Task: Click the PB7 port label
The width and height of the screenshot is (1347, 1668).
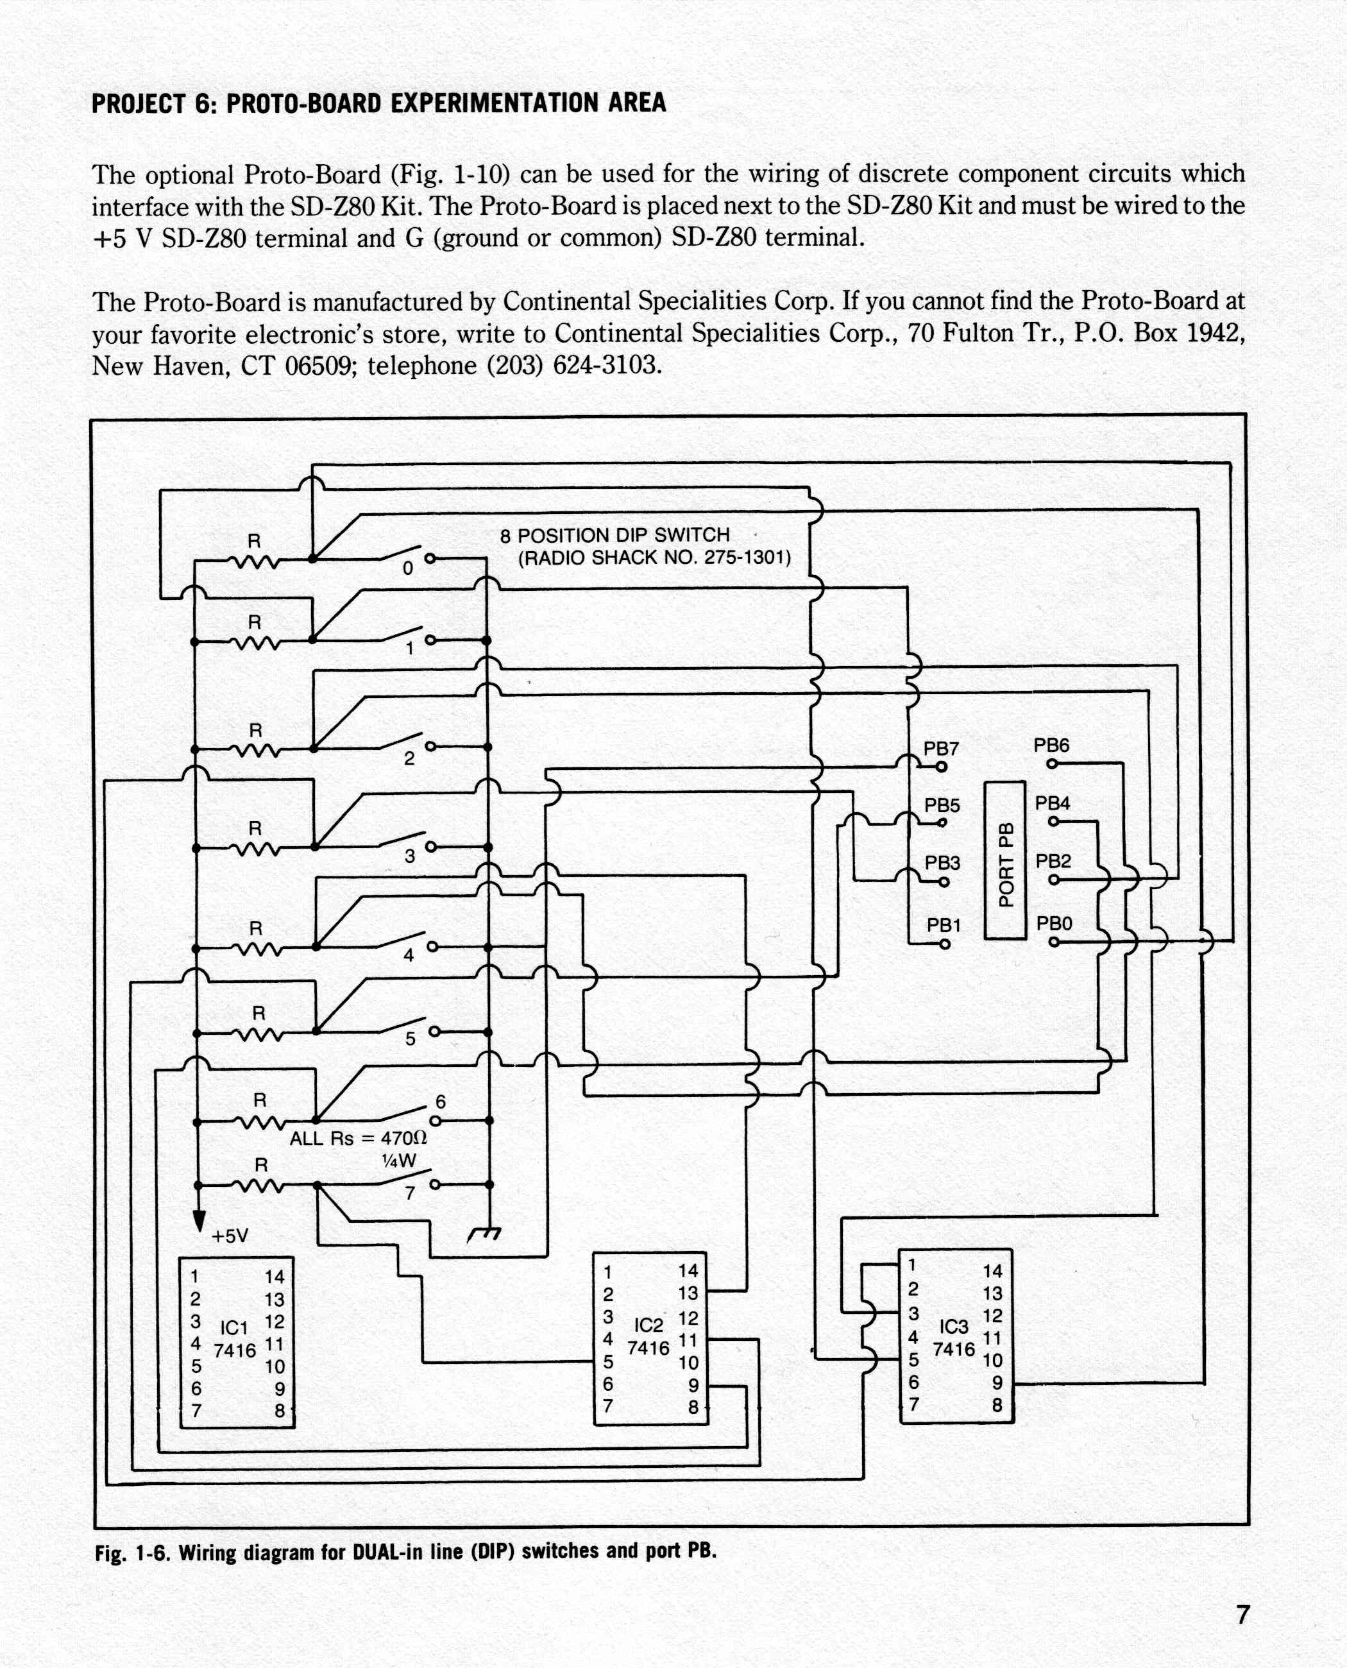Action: pyautogui.click(x=940, y=749)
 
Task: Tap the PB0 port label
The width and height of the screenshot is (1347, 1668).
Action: pyautogui.click(x=1055, y=924)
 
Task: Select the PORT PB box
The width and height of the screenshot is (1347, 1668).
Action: pyautogui.click(x=1005, y=861)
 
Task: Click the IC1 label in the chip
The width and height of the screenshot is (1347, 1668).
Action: pyautogui.click(x=233, y=1328)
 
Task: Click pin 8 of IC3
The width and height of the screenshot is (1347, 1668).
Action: pyautogui.click(x=997, y=1405)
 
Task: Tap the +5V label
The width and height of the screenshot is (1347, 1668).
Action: pyautogui.click(x=230, y=1236)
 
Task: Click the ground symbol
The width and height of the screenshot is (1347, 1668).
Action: pyautogui.click(x=485, y=1233)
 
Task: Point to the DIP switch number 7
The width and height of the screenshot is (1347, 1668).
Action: pyautogui.click(x=411, y=1194)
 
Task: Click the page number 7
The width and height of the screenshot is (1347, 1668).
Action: pyautogui.click(x=1243, y=1615)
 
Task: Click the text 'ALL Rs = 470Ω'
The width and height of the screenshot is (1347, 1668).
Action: pyautogui.click(x=359, y=1139)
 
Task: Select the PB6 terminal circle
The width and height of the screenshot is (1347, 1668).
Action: pyautogui.click(x=1052, y=764)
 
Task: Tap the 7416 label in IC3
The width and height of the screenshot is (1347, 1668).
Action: pyautogui.click(x=954, y=1349)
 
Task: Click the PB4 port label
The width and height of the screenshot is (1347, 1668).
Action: pyautogui.click(x=1053, y=803)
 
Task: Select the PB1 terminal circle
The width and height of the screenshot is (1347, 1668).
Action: pyautogui.click(x=944, y=944)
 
